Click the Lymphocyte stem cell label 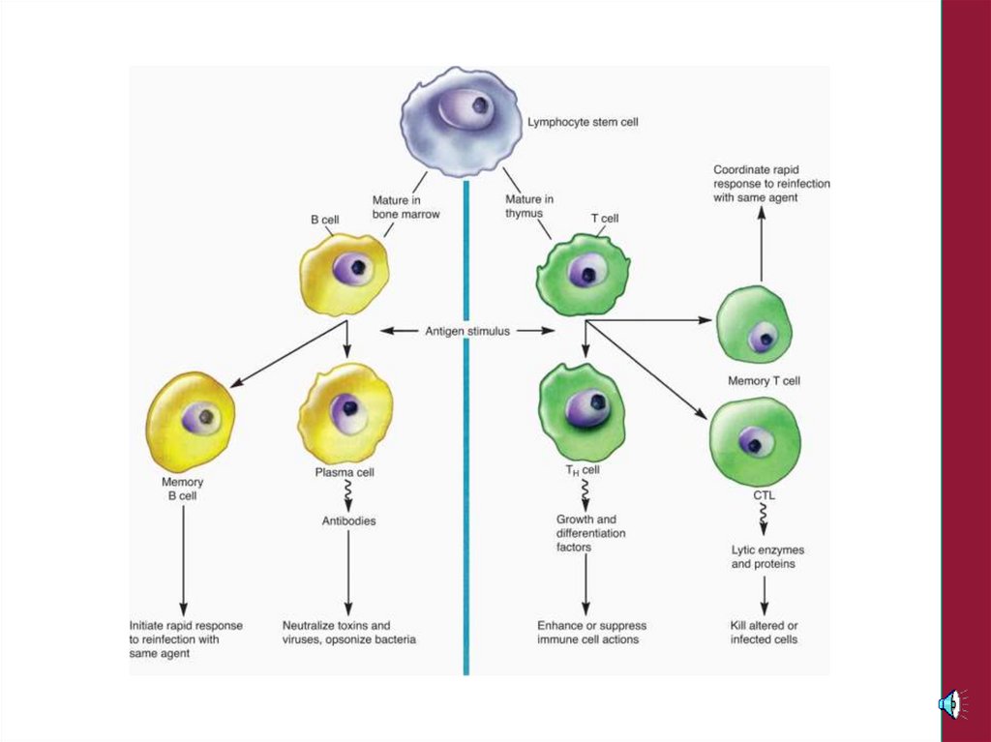point(583,123)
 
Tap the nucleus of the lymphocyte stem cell point(477,105)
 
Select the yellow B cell point(345,274)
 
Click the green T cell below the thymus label point(583,275)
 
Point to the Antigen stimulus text point(467,331)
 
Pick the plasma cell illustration point(345,414)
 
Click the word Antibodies point(348,520)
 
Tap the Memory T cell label point(764,381)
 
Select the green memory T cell point(754,325)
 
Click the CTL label point(764,495)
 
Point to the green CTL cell point(755,441)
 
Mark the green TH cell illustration point(583,411)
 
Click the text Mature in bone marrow point(405,207)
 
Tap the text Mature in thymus point(529,206)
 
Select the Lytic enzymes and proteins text point(767,556)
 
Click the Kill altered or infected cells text point(765,633)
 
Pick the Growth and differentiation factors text point(591,533)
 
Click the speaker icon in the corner point(950,703)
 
